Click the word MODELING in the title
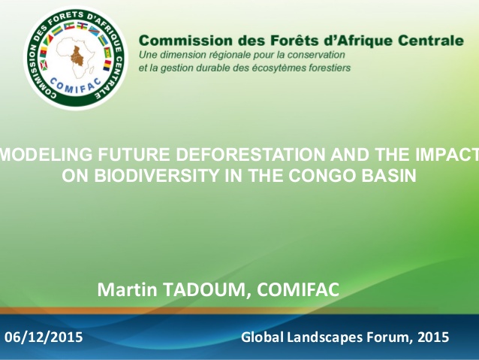pos(46,154)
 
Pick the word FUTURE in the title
pos(134,154)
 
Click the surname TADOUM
pos(206,289)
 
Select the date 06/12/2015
pos(44,337)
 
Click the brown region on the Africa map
pos(77,56)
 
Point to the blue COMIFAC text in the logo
pos(75,85)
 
